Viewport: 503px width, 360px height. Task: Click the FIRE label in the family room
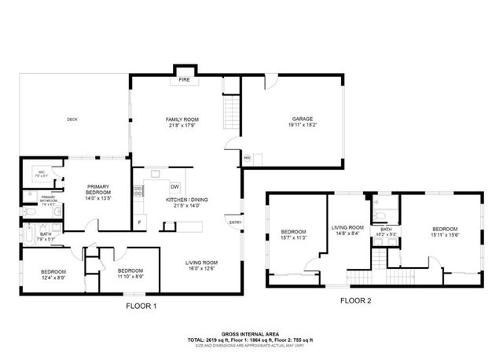(185, 79)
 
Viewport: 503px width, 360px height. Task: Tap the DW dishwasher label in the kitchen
(174, 186)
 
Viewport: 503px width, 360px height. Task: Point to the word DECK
(72, 119)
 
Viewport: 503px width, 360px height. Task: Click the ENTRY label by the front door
(234, 222)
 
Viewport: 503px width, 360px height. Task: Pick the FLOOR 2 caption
(357, 300)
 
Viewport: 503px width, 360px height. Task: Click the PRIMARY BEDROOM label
(98, 189)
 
